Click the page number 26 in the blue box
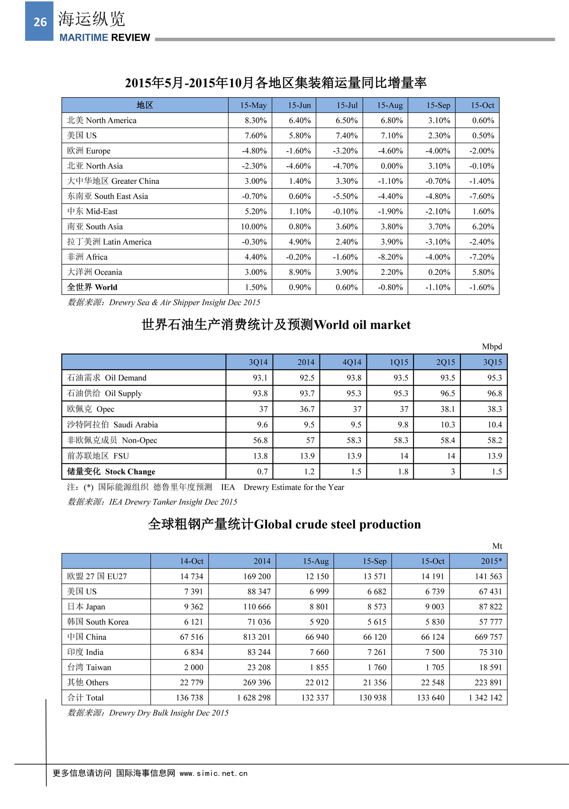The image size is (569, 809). [x=40, y=22]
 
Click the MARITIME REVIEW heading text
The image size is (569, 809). [x=104, y=37]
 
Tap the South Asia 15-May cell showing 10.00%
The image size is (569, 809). [x=254, y=227]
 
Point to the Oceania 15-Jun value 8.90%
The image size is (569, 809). [x=300, y=272]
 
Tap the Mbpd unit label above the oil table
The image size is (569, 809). [x=492, y=346]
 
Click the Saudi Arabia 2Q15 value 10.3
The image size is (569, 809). [x=447, y=425]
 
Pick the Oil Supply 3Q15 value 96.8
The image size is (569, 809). [x=494, y=393]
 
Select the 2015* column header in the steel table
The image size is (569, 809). [x=491, y=561]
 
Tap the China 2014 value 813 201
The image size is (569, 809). [x=257, y=637]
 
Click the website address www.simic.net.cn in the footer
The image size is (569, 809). [x=213, y=773]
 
